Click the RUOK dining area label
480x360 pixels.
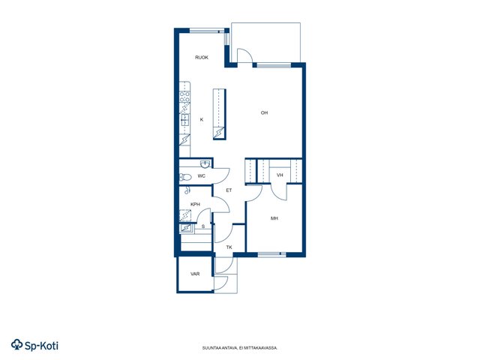(202, 58)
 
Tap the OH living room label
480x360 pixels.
(264, 113)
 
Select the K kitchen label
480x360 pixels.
(202, 120)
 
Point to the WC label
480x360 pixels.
(202, 176)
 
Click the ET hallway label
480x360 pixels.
(229, 190)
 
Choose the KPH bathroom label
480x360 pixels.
(195, 204)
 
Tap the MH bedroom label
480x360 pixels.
(274, 218)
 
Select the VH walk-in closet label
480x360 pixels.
(280, 175)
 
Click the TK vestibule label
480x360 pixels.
(229, 247)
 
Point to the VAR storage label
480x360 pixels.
(195, 274)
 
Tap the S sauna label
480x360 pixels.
(203, 226)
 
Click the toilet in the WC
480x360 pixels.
(185, 177)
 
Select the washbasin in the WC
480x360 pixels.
(205, 164)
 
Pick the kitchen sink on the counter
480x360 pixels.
(184, 120)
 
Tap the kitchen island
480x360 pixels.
(220, 114)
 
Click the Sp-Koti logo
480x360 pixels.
(34, 345)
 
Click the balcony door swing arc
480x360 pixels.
(247, 54)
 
